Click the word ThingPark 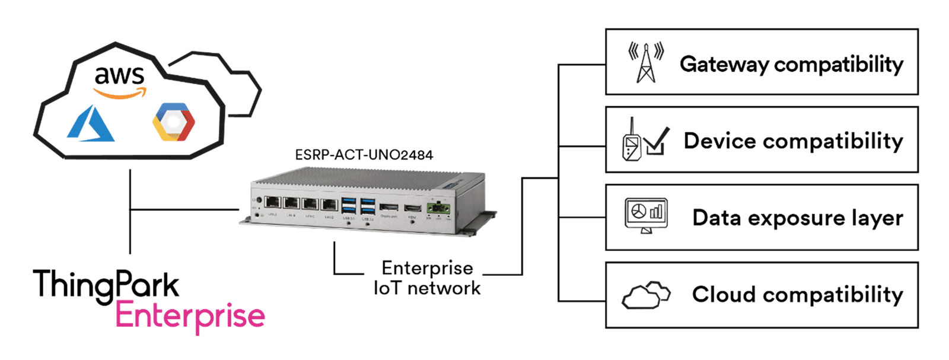106,285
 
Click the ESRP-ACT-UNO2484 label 364,155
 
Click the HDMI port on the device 413,208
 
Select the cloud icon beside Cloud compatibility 645,294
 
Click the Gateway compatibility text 791,63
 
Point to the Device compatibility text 793,141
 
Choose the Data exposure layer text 797,218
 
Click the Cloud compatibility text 797,294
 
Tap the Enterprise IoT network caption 427,278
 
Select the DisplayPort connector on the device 389,207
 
